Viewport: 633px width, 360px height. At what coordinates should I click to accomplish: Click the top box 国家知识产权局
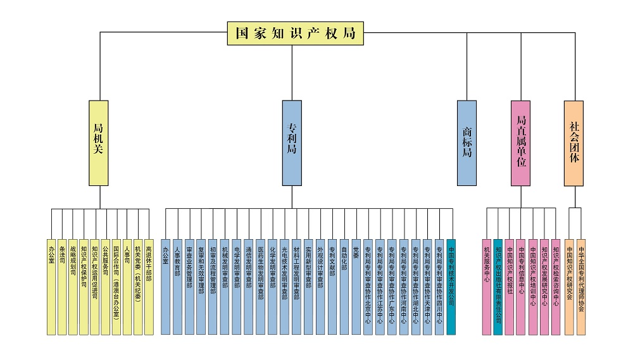coord(296,34)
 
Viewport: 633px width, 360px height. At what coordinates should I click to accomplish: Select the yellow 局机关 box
coord(99,142)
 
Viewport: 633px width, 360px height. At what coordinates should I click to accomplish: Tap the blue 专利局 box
coord(292,142)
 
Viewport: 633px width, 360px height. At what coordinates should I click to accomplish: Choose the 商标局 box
coord(467,142)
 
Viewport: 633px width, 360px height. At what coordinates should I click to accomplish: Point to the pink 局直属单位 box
coord(521,142)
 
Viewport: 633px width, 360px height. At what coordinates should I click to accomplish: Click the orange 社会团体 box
coord(573,142)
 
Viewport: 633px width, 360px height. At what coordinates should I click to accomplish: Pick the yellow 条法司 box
coord(62,286)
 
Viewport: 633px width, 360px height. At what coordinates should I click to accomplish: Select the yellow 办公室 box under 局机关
coord(51,286)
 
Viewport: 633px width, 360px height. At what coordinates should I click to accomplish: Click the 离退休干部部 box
coord(148,286)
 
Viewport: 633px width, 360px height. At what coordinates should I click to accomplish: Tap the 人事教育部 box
coord(177,286)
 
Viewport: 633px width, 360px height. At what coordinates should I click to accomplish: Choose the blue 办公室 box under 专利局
coord(165,286)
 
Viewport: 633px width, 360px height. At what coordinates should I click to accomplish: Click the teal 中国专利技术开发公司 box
coord(451,286)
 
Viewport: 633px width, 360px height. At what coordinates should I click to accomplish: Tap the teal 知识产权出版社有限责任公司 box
coord(498,286)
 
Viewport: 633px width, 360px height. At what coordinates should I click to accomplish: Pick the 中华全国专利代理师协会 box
coord(581,286)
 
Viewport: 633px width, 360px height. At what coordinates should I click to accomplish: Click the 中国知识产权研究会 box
coord(570,286)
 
